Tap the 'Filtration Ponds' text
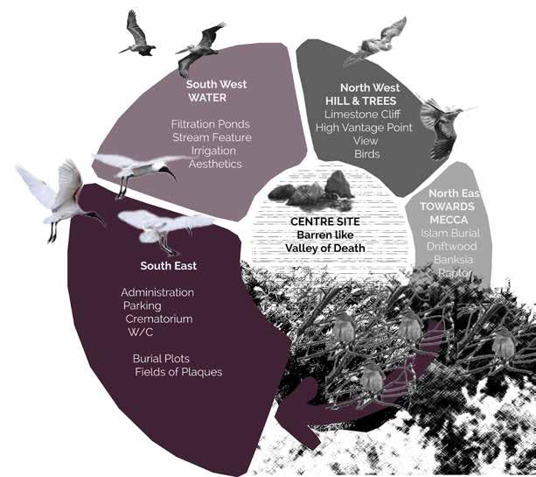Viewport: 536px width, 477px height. point(210,124)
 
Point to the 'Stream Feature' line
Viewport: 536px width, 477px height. point(212,137)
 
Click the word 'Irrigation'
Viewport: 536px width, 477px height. point(212,151)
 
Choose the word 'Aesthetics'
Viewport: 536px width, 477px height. point(212,164)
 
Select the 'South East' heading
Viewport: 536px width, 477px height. point(169,264)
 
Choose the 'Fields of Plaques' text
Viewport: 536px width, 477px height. point(178,373)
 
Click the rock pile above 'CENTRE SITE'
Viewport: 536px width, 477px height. point(311,189)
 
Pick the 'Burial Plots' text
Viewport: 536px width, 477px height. point(162,359)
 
